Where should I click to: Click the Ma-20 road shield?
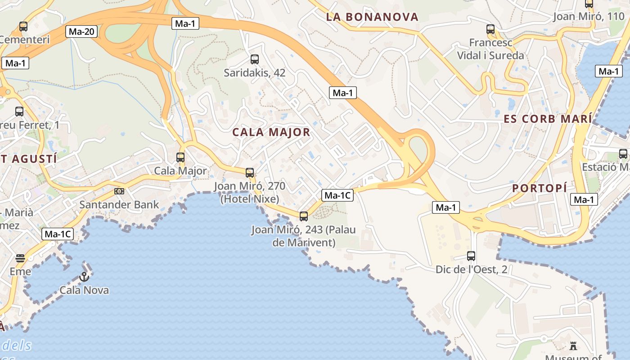point(81,31)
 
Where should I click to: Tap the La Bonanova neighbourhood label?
point(372,17)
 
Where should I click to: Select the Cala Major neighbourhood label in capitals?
point(271,132)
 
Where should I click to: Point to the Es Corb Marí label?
point(548,119)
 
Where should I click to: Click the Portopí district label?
point(539,188)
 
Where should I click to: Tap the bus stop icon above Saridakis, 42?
point(254,59)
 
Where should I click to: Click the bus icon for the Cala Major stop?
point(180,157)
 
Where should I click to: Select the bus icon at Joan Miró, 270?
point(250,172)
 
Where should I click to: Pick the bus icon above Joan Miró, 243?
point(304,216)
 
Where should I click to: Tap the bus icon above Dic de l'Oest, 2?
point(471,256)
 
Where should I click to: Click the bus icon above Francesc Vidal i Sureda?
point(490,30)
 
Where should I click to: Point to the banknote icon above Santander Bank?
point(119,191)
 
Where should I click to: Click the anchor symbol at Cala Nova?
point(84,277)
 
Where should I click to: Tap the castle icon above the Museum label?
point(573,346)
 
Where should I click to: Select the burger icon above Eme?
point(20,258)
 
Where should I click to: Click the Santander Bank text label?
point(119,205)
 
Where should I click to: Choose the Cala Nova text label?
point(84,290)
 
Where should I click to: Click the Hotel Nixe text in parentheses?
point(250,198)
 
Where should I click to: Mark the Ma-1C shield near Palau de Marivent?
point(337,195)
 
